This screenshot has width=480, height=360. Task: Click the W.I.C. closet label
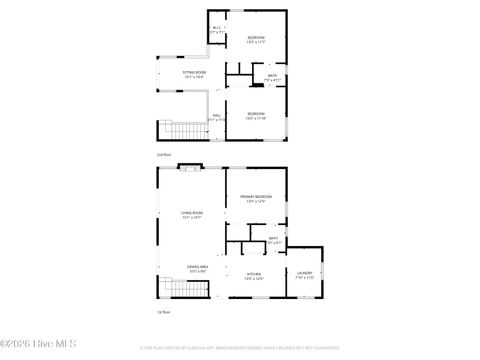217,29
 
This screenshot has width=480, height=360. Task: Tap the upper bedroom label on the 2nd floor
256,39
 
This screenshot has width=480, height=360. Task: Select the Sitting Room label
194,75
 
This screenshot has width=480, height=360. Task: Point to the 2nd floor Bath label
272,77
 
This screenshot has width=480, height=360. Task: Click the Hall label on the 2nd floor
216,117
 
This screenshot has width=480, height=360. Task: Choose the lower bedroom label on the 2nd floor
256,116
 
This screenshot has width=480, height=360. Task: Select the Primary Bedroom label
256,199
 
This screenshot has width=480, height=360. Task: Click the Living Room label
192,215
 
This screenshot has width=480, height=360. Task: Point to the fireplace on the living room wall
190,168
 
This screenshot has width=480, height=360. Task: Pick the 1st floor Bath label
272,240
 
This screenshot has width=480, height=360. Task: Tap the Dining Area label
196,268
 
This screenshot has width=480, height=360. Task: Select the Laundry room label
305,274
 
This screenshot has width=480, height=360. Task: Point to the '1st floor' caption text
164,312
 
